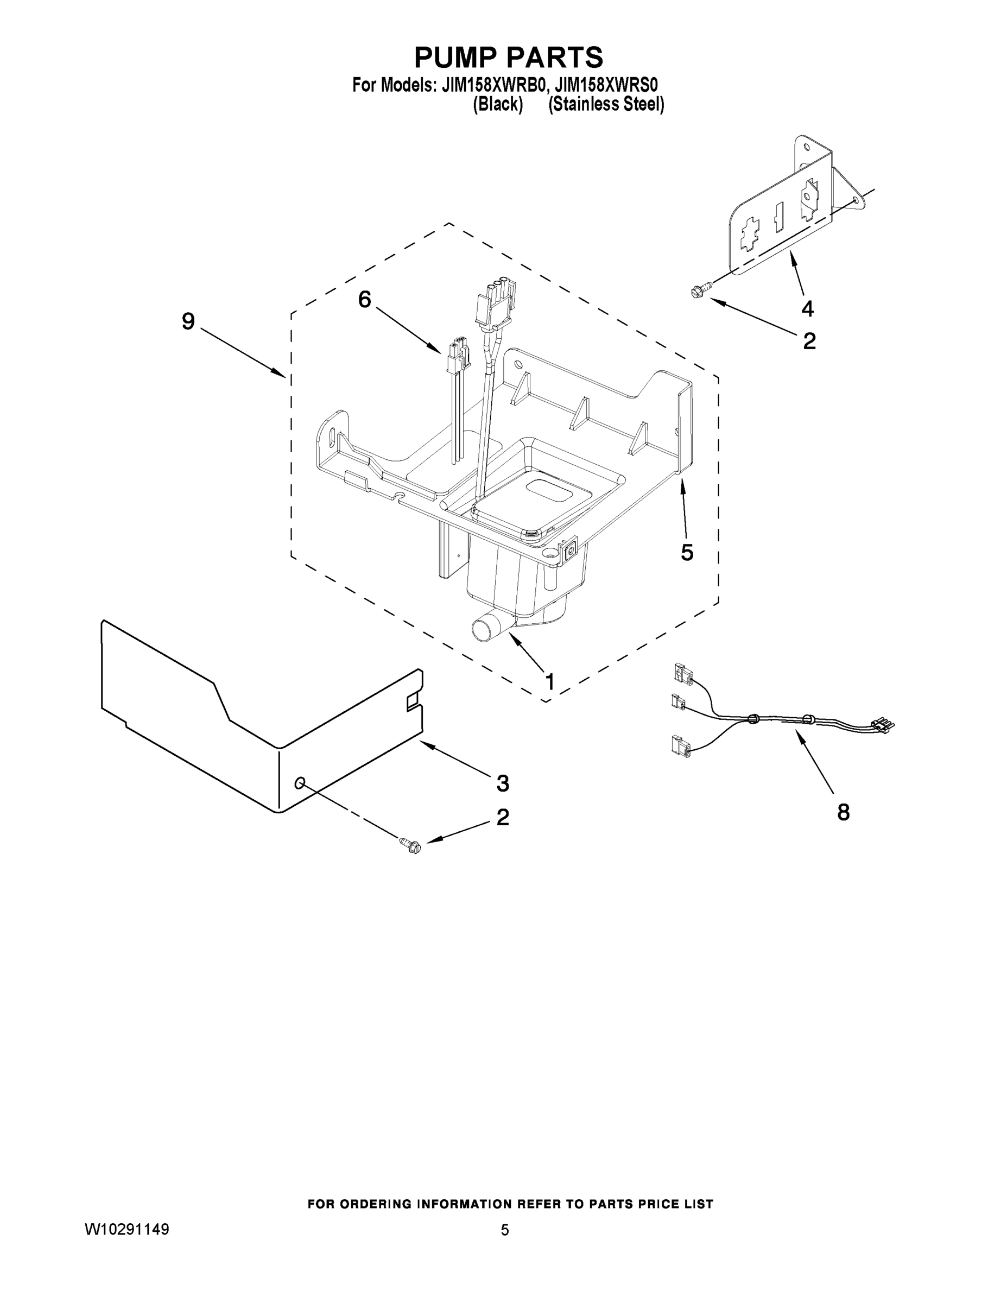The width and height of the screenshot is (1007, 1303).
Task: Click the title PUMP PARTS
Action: pos(508,58)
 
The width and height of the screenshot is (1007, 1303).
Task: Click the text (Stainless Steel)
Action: pos(605,104)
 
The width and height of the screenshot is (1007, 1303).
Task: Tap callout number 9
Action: pos(188,321)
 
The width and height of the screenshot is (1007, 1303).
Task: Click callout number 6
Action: pos(364,299)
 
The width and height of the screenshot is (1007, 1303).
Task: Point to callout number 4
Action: pos(807,308)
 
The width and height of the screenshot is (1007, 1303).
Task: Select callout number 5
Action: pos(687,553)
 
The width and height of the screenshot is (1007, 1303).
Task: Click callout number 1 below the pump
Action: pos(549,681)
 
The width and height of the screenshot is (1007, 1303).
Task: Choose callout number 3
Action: pos(503,783)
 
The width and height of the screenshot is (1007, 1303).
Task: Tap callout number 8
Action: pos(843,812)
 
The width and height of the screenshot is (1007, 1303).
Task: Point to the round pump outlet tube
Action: pos(484,629)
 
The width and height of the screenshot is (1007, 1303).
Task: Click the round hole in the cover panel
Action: pos(300,782)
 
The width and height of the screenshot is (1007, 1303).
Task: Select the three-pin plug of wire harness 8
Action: pos(883,725)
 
